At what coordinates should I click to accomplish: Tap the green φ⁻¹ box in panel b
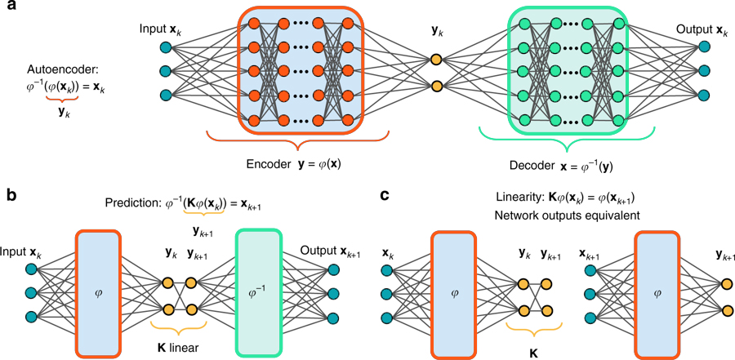tap(257, 293)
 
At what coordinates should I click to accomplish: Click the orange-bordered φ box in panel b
tap(99, 293)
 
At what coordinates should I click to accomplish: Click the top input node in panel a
tap(166, 47)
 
